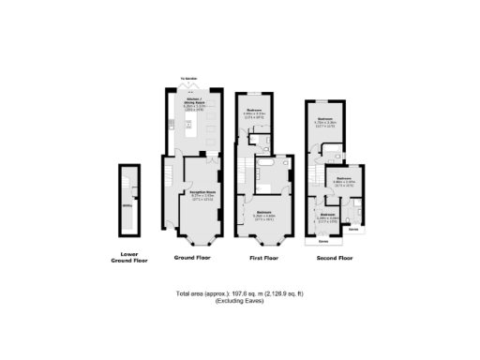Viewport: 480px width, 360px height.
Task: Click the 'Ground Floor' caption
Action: tap(190, 256)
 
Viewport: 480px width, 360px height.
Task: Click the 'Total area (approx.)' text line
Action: tap(240, 294)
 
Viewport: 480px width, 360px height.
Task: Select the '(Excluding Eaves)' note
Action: tap(240, 302)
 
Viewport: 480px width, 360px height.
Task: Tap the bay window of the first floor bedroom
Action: tap(264, 235)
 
